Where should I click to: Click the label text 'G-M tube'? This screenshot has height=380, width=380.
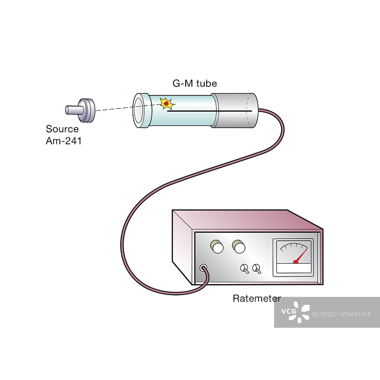coord(194,84)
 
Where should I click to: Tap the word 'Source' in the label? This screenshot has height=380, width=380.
coord(62,129)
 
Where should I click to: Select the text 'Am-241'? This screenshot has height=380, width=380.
coord(64,141)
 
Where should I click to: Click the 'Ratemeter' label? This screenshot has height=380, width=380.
coord(256,299)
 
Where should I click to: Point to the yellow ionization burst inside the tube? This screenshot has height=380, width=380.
coord(166,103)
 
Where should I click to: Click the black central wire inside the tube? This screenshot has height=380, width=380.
coord(199,111)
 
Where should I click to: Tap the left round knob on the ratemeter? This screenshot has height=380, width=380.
coord(217,247)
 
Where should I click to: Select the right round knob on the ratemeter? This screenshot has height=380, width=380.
coord(238,247)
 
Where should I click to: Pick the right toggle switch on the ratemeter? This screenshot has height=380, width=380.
coord(257,269)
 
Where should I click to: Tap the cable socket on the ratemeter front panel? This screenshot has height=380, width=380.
coord(204,268)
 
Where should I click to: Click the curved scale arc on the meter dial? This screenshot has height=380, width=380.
coord(293,246)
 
